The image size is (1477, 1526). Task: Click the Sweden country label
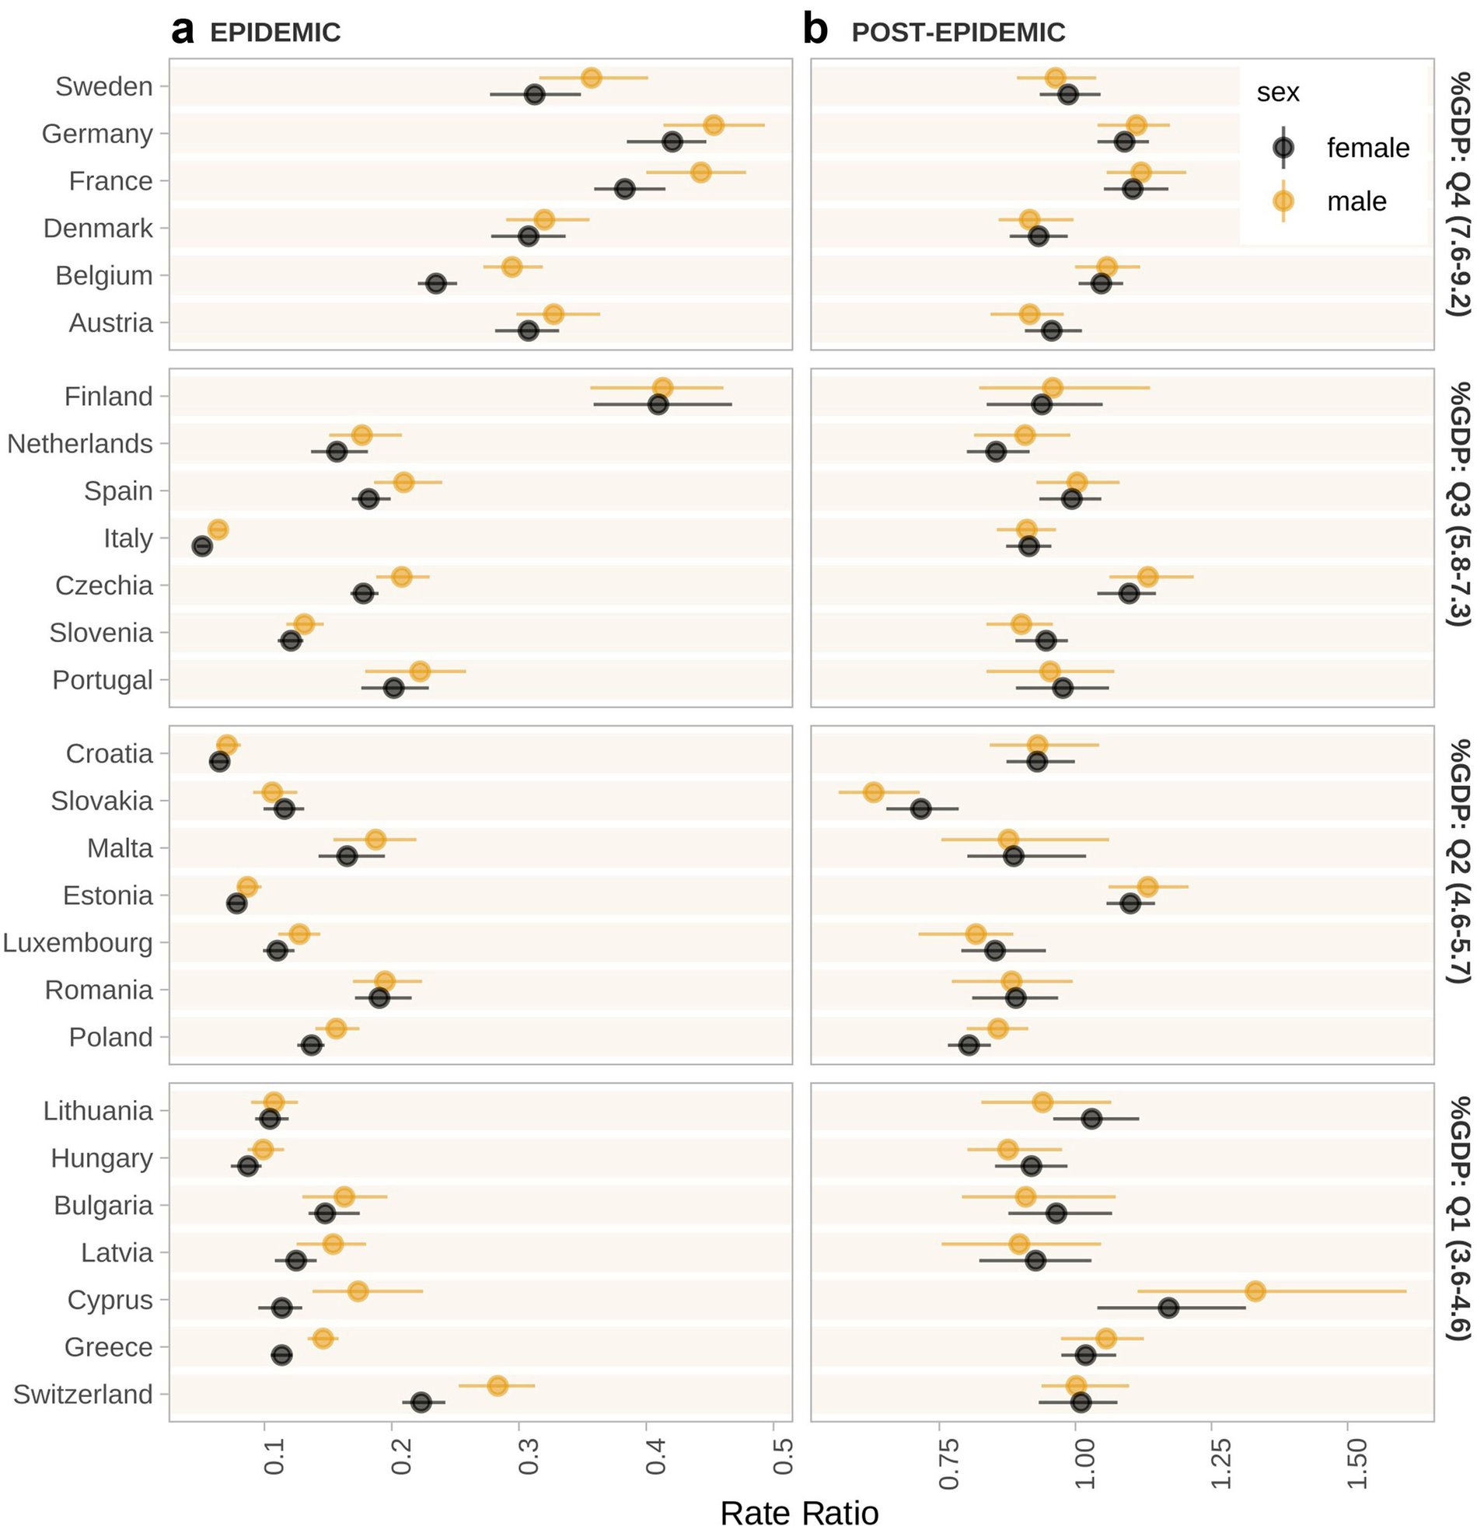click(x=103, y=86)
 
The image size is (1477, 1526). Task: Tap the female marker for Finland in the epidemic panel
click(x=658, y=405)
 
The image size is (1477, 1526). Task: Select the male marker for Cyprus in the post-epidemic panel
click(x=1255, y=1292)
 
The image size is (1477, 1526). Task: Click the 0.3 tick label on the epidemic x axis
click(x=529, y=1456)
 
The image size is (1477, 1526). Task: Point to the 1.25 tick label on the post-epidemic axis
click(x=1220, y=1464)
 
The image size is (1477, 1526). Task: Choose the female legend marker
click(x=1283, y=147)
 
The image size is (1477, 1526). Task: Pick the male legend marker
click(x=1283, y=201)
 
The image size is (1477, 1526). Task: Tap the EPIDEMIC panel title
click(x=275, y=33)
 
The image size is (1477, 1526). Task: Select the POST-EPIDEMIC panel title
click(x=958, y=33)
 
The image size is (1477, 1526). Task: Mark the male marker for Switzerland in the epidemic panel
click(x=498, y=1386)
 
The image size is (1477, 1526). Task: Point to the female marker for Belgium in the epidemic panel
click(x=436, y=284)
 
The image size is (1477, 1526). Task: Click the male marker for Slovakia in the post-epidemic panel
click(x=874, y=793)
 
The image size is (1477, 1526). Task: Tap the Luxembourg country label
click(x=78, y=943)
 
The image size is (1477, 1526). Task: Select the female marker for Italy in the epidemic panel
click(x=201, y=546)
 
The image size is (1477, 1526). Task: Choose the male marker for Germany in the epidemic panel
click(x=713, y=125)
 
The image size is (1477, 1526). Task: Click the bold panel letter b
click(x=815, y=31)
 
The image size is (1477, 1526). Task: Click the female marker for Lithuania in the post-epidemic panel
click(x=1091, y=1119)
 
